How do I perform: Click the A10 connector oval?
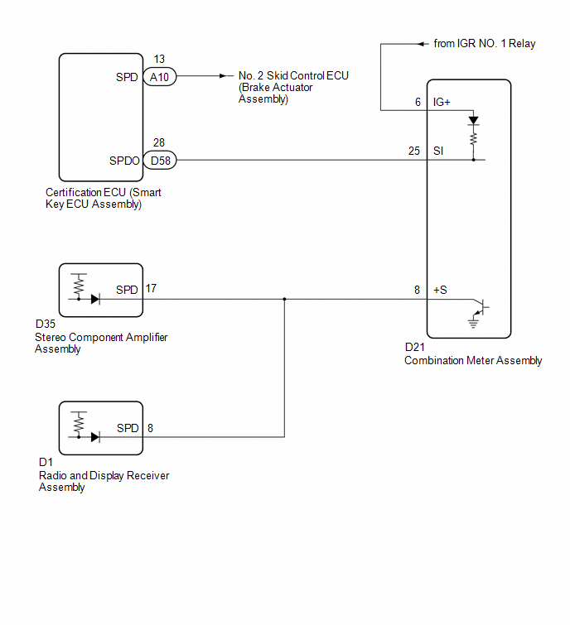tap(160, 76)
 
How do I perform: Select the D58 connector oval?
tap(160, 161)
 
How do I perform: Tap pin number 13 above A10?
tap(159, 59)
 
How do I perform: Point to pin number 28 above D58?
tap(159, 142)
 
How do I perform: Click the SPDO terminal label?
tap(124, 161)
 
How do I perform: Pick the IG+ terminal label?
tap(442, 103)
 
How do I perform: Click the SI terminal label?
tap(438, 151)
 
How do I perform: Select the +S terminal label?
tap(440, 291)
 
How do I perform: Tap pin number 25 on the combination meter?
tap(414, 151)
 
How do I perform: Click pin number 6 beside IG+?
tap(418, 103)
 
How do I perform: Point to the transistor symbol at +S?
tap(481, 307)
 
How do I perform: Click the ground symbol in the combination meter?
tap(473, 323)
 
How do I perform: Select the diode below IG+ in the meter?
tap(473, 120)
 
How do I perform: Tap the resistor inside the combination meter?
tap(473, 139)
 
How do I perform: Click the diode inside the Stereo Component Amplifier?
tap(95, 299)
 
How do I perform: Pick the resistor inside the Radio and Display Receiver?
tap(79, 422)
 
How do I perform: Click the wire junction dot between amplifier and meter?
tap(284, 299)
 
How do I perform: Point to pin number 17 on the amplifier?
tap(151, 288)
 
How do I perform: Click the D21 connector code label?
tap(414, 347)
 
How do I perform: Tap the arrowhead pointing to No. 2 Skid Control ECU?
tap(224, 75)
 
